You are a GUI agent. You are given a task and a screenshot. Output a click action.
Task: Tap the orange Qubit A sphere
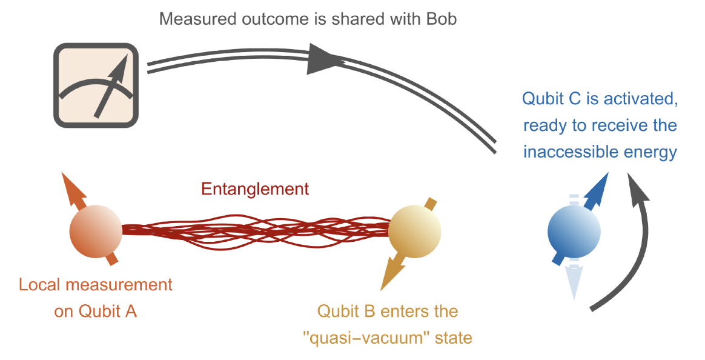96,230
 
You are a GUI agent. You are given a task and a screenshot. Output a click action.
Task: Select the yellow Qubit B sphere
414,230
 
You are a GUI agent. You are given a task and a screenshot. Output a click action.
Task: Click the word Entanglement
255,189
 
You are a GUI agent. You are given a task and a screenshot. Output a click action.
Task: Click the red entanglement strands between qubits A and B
254,230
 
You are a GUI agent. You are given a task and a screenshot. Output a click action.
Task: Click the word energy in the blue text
652,152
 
